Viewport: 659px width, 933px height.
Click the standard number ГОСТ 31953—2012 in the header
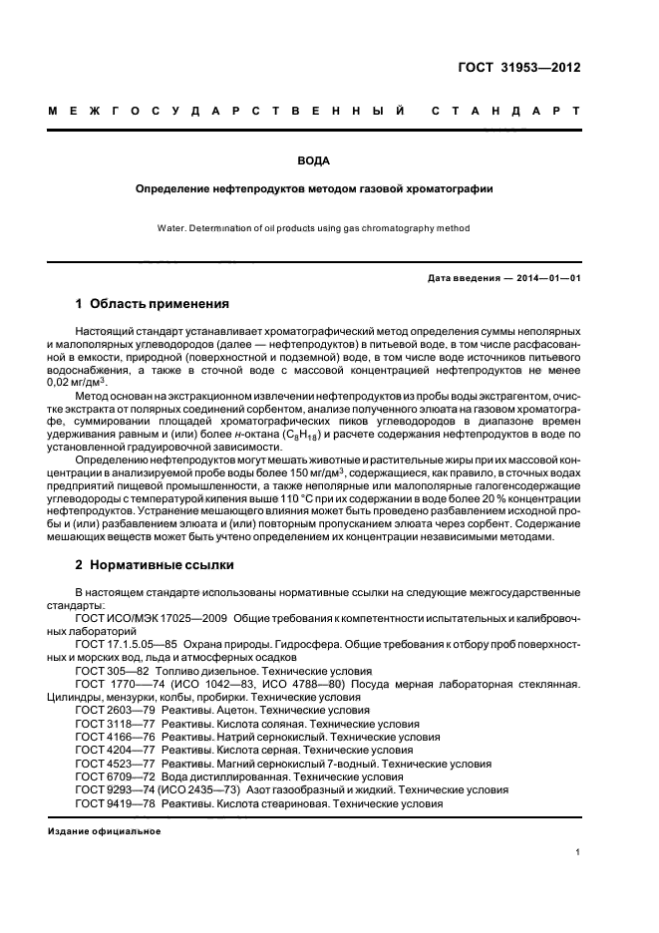click(x=518, y=68)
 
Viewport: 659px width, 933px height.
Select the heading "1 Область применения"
click(x=153, y=303)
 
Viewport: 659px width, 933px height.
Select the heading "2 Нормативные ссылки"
click(x=155, y=565)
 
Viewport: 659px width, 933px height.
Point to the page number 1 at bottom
click(x=578, y=852)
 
